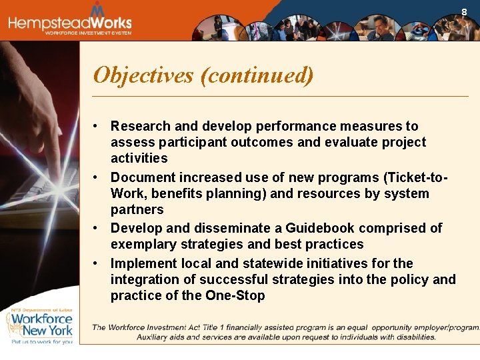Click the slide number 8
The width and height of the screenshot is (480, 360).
coord(465,11)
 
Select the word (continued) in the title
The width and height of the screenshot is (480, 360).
coord(257,75)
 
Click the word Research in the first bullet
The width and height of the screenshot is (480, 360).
coord(140,126)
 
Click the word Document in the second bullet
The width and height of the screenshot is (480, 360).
coord(141,177)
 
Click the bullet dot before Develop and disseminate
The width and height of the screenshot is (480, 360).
coord(97,228)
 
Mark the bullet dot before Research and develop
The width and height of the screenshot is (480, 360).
coord(97,126)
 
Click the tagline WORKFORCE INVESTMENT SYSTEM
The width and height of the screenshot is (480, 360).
coord(88,33)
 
